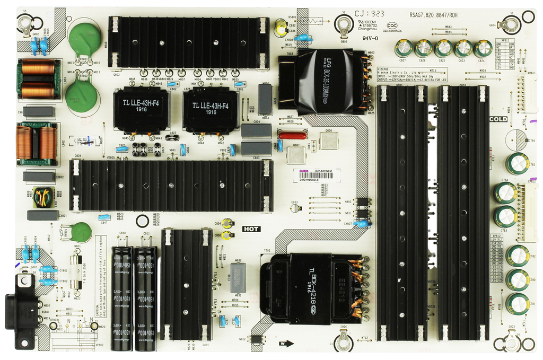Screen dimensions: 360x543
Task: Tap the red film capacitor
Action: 292,135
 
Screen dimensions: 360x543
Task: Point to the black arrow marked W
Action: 288,343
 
